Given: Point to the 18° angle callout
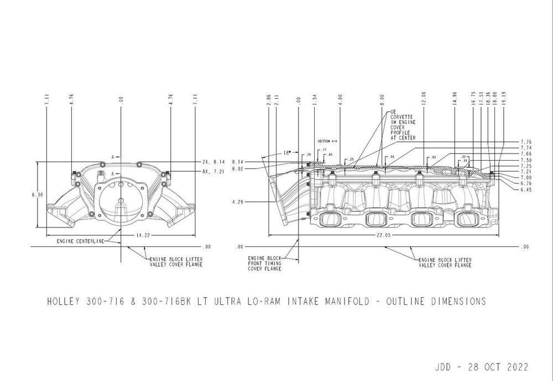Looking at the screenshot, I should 286,154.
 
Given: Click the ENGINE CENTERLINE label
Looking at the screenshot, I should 81,241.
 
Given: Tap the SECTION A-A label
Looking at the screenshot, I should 327,141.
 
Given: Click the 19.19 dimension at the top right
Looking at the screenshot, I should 502,98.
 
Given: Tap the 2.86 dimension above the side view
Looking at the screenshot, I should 268,99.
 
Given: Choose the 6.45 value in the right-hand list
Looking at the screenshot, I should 526,189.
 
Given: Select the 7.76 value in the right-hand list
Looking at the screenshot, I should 526,142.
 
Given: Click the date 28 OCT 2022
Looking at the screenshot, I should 495,367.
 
